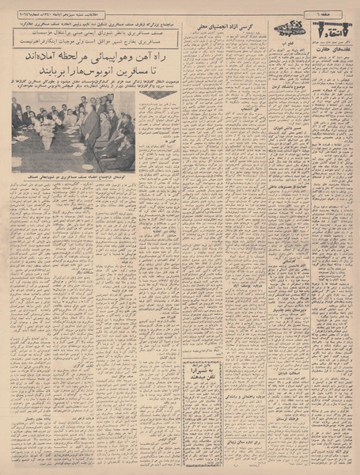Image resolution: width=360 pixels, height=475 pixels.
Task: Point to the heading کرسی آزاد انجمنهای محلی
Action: click(230, 26)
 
